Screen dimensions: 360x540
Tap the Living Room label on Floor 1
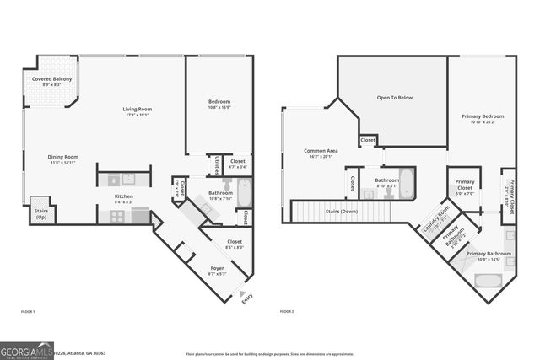[136, 111]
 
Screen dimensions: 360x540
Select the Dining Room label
[62, 157]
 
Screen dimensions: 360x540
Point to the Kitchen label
[124, 198]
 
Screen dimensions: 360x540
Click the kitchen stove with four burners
[117, 216]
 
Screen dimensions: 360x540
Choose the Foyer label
[218, 270]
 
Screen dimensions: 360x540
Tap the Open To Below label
[394, 98]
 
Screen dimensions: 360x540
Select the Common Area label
[321, 153]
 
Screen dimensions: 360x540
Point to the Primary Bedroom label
[482, 117]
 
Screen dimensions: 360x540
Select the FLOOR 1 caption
[29, 312]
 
